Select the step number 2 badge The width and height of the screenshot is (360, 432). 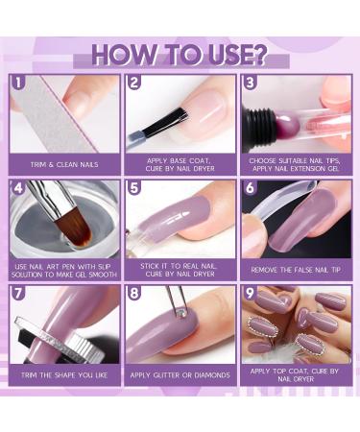[134, 83]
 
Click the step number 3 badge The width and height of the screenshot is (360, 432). [249, 83]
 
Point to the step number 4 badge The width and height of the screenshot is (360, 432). [19, 188]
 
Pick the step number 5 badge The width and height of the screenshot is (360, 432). [134, 188]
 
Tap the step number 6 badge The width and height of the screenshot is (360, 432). [249, 188]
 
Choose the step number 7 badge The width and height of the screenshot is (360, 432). [19, 294]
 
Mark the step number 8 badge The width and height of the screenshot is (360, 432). [134, 294]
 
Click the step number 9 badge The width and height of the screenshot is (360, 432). [249, 294]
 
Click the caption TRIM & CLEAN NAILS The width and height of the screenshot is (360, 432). [65, 165]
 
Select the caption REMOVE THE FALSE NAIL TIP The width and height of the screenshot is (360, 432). [295, 270]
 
